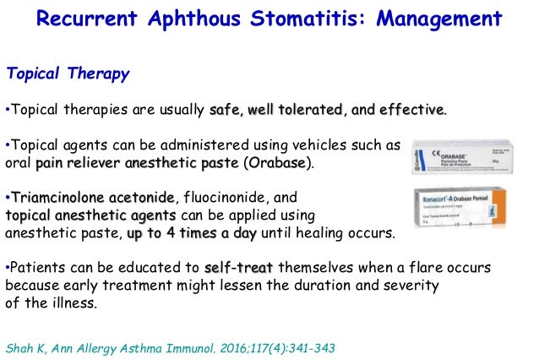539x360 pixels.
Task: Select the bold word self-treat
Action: coord(238,267)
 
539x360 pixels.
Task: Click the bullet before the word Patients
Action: coord(8,267)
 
